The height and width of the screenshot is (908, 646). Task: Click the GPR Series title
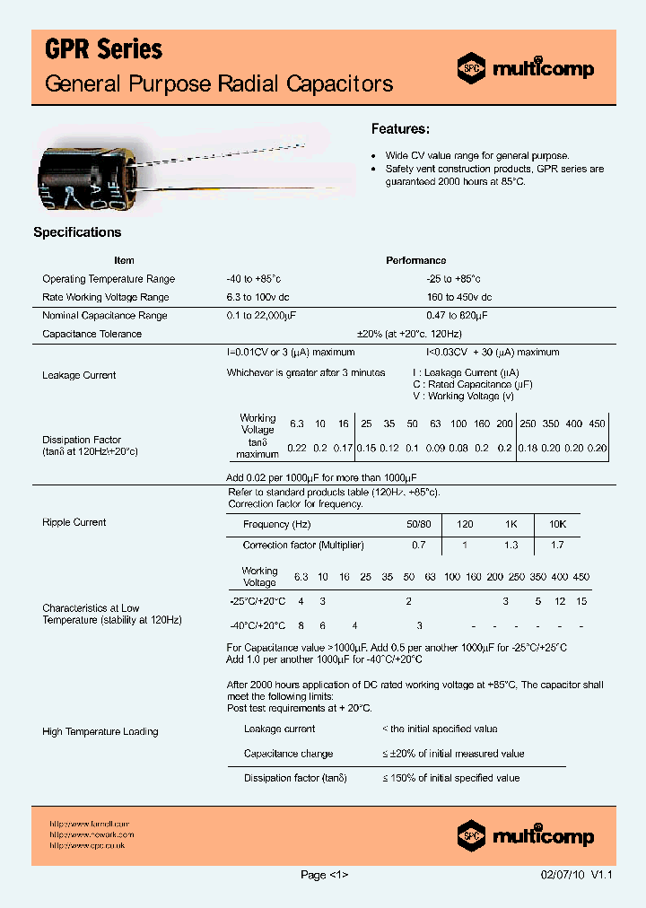(x=103, y=50)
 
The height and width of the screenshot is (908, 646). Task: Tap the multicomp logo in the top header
(x=526, y=67)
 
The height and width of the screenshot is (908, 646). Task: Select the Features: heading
(x=400, y=129)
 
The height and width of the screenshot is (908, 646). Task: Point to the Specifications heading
(x=77, y=232)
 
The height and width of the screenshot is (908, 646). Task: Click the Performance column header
(x=415, y=260)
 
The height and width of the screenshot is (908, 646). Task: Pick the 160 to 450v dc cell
(x=458, y=297)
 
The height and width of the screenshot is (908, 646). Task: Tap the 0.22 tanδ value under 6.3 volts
(x=296, y=448)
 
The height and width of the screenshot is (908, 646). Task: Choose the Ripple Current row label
(x=74, y=522)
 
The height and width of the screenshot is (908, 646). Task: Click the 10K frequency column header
(x=556, y=524)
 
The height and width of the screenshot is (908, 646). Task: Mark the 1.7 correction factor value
(x=556, y=545)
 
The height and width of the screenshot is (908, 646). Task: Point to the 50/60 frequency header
(x=419, y=524)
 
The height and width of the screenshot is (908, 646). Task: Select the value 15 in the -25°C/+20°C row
(x=581, y=601)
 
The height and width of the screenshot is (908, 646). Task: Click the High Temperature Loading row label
(x=100, y=732)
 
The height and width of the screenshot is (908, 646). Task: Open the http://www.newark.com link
(x=92, y=834)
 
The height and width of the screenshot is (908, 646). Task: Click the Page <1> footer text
(x=324, y=876)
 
